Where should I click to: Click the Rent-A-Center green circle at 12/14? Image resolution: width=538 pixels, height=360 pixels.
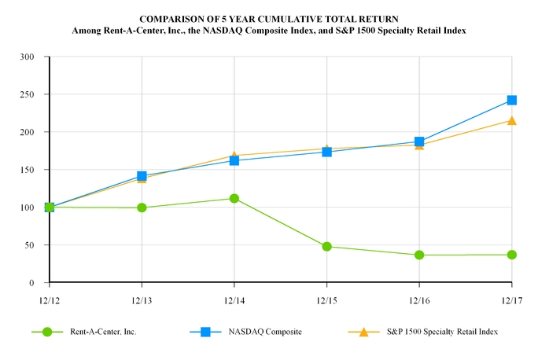coord(234,198)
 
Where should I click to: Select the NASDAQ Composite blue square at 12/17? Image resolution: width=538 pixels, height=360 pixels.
coord(512,101)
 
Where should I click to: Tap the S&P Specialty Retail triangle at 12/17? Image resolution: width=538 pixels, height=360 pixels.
coord(512,120)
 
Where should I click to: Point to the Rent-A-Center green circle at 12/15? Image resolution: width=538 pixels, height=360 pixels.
coord(326,247)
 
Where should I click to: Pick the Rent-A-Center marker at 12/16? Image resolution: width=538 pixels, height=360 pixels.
coord(419,255)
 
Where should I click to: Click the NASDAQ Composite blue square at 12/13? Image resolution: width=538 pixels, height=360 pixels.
coord(142,176)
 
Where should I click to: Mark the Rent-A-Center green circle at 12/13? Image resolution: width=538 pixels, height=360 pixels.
coord(142,208)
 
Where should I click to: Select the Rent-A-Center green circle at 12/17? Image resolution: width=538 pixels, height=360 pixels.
coord(512,255)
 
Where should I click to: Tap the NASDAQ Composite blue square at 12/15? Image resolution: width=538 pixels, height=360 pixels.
coord(326,152)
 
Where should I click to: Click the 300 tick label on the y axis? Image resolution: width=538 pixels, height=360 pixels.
coord(28,57)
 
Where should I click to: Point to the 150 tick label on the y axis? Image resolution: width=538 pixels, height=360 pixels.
coord(28,170)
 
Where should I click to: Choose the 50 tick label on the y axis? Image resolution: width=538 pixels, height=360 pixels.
coord(30,245)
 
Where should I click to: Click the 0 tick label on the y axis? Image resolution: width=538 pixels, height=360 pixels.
coord(32,283)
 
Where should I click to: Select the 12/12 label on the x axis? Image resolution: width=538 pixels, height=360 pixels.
coord(49,299)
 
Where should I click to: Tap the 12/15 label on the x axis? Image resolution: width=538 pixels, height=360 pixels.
coord(326,299)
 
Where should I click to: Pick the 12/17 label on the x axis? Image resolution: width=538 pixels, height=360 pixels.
coord(512,299)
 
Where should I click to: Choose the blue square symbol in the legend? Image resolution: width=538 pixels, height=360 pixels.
coord(205,332)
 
